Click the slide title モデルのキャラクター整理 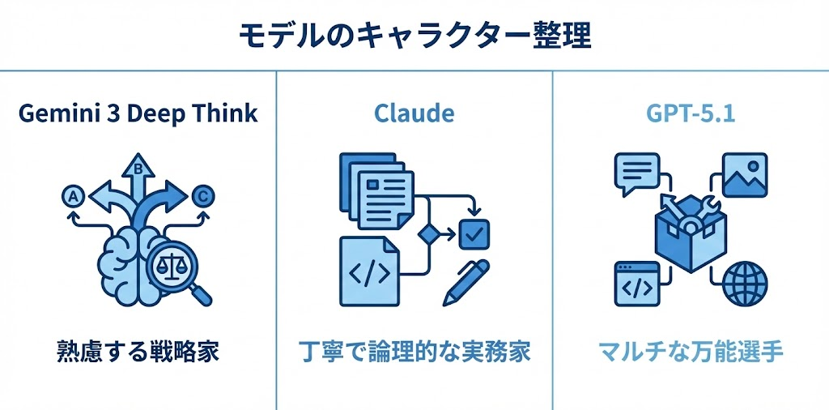pyautogui.click(x=414, y=35)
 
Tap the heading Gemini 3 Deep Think pyautogui.click(x=138, y=113)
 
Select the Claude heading pyautogui.click(x=414, y=113)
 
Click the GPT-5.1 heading pyautogui.click(x=691, y=113)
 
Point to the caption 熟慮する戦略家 pyautogui.click(x=138, y=352)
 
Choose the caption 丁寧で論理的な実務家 pyautogui.click(x=414, y=352)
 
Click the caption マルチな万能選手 pyautogui.click(x=691, y=352)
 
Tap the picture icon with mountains pyautogui.click(x=742, y=174)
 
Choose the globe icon pyautogui.click(x=742, y=283)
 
